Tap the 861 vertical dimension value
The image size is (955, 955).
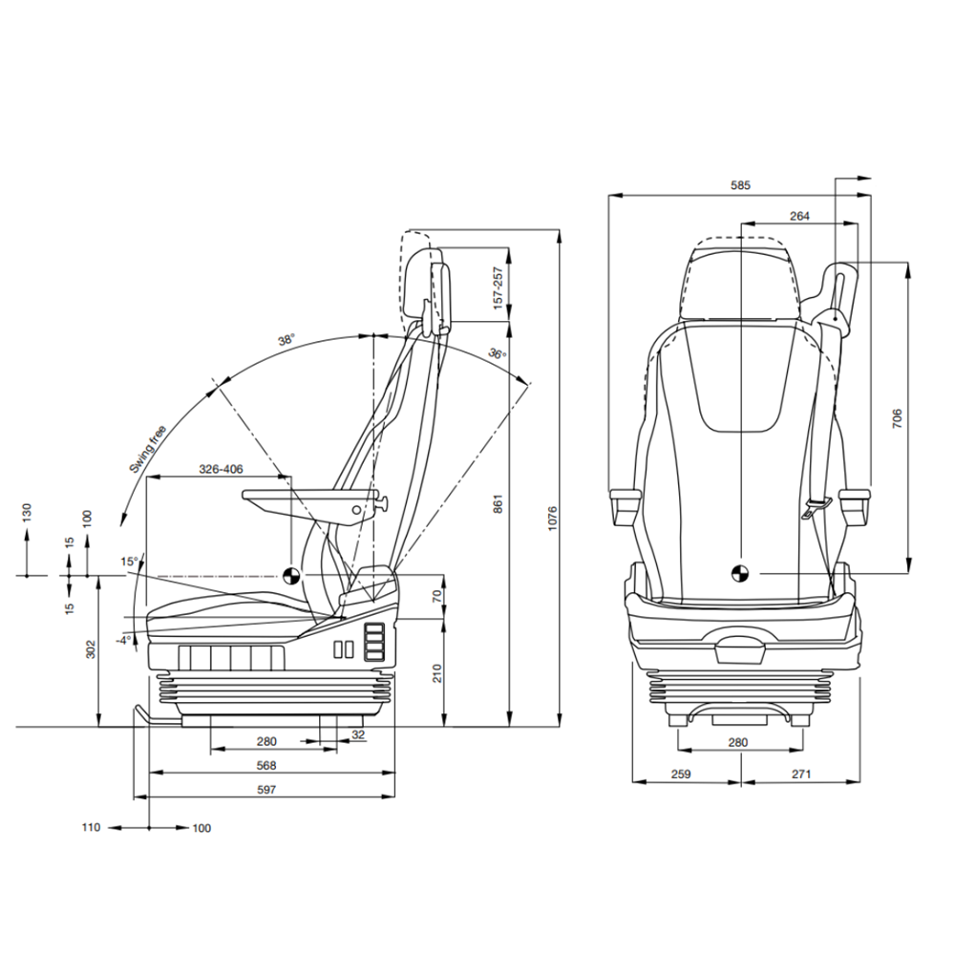[x=499, y=503]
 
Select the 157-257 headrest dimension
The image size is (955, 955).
[x=499, y=287]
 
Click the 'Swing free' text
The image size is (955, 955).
[x=147, y=450]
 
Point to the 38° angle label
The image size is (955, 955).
[x=286, y=339]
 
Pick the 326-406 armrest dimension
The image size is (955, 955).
[x=222, y=469]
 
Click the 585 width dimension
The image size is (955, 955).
[x=741, y=185]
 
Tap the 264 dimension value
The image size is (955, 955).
[x=799, y=216]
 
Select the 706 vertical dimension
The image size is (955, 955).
[x=897, y=418]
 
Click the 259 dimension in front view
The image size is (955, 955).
[x=681, y=775]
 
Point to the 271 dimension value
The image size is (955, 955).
[x=801, y=775]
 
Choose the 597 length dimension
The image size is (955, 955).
[x=266, y=790]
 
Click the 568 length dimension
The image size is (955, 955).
[x=266, y=766]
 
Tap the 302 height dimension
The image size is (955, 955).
[x=91, y=649]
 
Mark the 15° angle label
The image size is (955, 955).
[x=129, y=562]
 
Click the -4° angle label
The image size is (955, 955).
[x=123, y=640]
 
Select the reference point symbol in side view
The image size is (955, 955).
[x=291, y=575]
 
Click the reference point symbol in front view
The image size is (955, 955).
[x=740, y=573]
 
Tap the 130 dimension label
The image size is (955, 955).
[x=26, y=513]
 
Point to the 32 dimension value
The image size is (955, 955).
[x=358, y=734]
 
